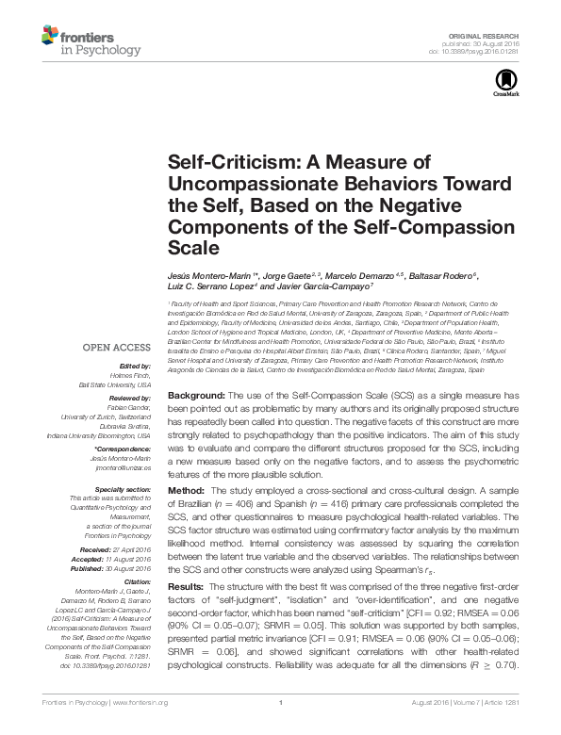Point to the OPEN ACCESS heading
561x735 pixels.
click(122, 346)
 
